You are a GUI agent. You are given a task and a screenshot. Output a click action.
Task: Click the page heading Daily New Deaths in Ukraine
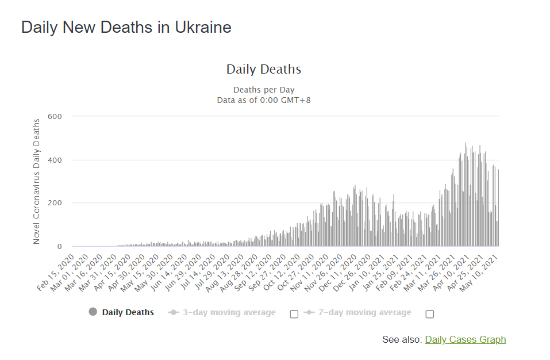point(126,27)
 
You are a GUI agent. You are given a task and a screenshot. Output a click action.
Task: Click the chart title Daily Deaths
point(264,70)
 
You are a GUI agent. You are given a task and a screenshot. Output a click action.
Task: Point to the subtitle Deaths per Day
point(264,90)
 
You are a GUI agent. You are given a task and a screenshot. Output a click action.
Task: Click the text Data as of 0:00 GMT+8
point(264,100)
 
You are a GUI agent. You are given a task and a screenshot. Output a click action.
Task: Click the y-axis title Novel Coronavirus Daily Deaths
point(37,181)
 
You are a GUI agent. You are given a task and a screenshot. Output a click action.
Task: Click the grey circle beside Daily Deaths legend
point(93,312)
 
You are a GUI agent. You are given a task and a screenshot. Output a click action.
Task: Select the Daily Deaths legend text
point(128,313)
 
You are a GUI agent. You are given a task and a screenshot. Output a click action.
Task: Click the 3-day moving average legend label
point(229,313)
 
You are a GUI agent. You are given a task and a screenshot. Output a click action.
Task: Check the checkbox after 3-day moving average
point(294,314)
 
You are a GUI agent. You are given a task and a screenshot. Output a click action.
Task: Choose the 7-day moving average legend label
point(364,313)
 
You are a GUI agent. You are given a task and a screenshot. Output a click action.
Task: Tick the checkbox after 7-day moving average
point(430,314)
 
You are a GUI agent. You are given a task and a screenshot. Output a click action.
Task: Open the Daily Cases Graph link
point(466,340)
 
